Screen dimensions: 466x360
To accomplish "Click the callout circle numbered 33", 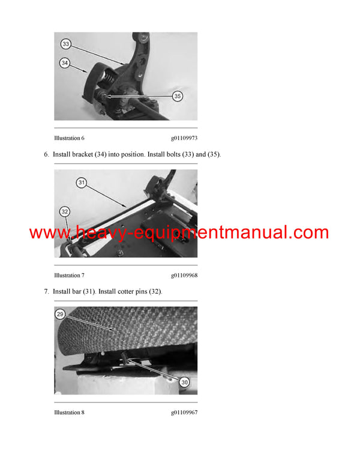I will coord(65,44).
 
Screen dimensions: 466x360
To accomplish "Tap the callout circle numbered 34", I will coord(64,62).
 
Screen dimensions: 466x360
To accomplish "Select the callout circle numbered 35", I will coord(178,95).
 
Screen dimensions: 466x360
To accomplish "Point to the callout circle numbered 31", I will coord(82,182).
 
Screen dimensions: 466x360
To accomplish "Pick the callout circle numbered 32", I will coord(65,211).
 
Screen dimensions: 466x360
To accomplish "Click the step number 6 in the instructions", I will coord(46,154).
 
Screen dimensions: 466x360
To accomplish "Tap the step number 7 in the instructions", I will coord(46,291).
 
